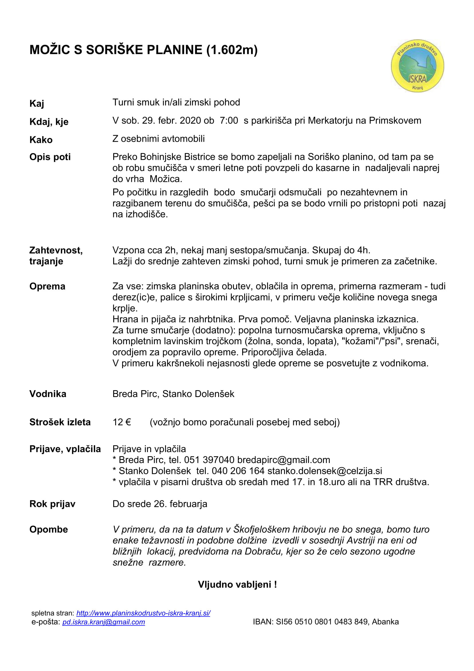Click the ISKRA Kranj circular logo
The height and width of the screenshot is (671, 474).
coord(417,66)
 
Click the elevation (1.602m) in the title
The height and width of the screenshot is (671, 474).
coord(232,50)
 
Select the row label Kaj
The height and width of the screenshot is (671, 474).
coord(37,104)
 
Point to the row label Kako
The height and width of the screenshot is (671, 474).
coord(41,140)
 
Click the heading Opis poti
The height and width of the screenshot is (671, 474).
coord(50,157)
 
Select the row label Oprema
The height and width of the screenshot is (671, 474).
coord(47,286)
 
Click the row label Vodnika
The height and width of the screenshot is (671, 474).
coord(48,394)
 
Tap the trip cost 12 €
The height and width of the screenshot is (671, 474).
coord(122,422)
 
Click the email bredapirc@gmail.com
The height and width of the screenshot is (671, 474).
coord(283,460)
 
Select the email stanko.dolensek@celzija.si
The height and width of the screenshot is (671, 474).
coord(325,471)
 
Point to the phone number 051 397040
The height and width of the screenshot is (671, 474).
coord(209,460)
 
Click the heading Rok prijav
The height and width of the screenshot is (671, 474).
coord(52,504)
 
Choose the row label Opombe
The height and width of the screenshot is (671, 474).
coord(48,529)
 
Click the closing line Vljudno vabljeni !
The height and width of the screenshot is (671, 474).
coord(237,584)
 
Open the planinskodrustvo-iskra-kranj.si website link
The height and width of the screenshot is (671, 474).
coord(143,613)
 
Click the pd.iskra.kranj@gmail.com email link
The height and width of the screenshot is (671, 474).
coord(104,622)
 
